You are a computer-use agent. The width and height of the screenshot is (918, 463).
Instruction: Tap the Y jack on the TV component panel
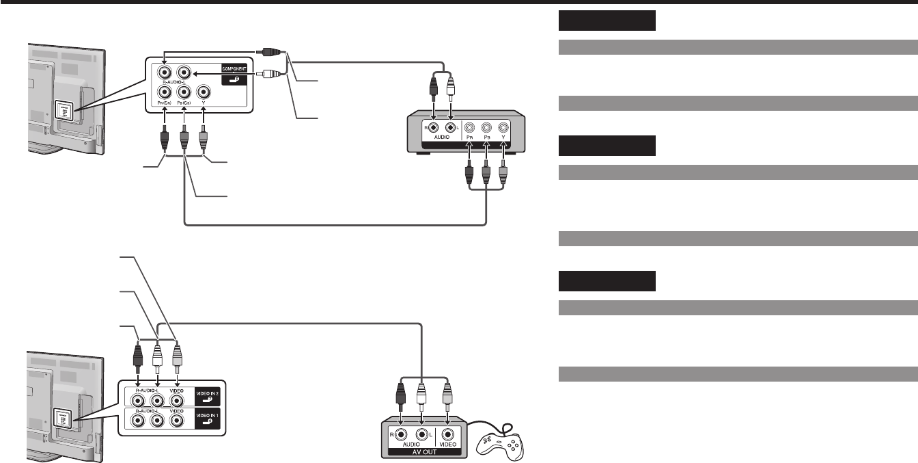coord(204,92)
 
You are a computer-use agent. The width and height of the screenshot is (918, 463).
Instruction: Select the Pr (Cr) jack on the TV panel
coord(164,92)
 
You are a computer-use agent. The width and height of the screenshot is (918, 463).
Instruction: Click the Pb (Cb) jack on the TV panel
coord(184,92)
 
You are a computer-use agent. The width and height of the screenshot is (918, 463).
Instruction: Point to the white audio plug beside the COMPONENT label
coord(267,74)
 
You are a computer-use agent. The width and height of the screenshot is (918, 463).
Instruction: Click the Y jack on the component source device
coord(503,128)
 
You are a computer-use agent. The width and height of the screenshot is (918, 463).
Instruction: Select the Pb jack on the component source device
coord(486,128)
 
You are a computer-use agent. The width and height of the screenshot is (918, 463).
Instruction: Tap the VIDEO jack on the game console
coord(448,434)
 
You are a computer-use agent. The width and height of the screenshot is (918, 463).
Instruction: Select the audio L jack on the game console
coord(422,434)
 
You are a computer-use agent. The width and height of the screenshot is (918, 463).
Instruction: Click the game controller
coord(501,444)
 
